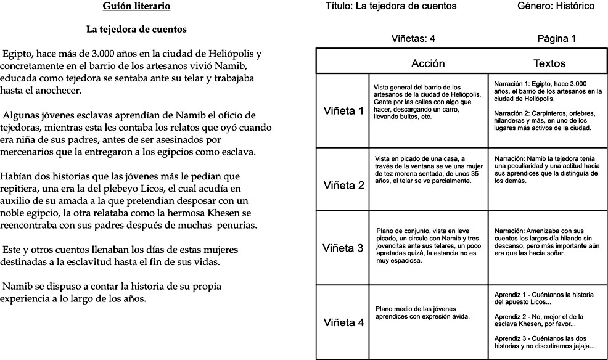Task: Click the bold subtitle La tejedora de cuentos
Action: [x=136, y=29]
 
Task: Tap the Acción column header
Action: [x=427, y=63]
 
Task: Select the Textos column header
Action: [x=549, y=63]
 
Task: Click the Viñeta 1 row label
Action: [x=343, y=111]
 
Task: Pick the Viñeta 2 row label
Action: [x=343, y=185]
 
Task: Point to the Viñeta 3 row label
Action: [x=343, y=248]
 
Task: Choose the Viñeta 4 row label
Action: [x=343, y=322]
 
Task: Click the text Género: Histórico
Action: [x=556, y=6]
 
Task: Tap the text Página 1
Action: [x=557, y=39]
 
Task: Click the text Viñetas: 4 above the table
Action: [x=413, y=39]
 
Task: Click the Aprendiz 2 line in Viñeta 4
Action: [x=535, y=321]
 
